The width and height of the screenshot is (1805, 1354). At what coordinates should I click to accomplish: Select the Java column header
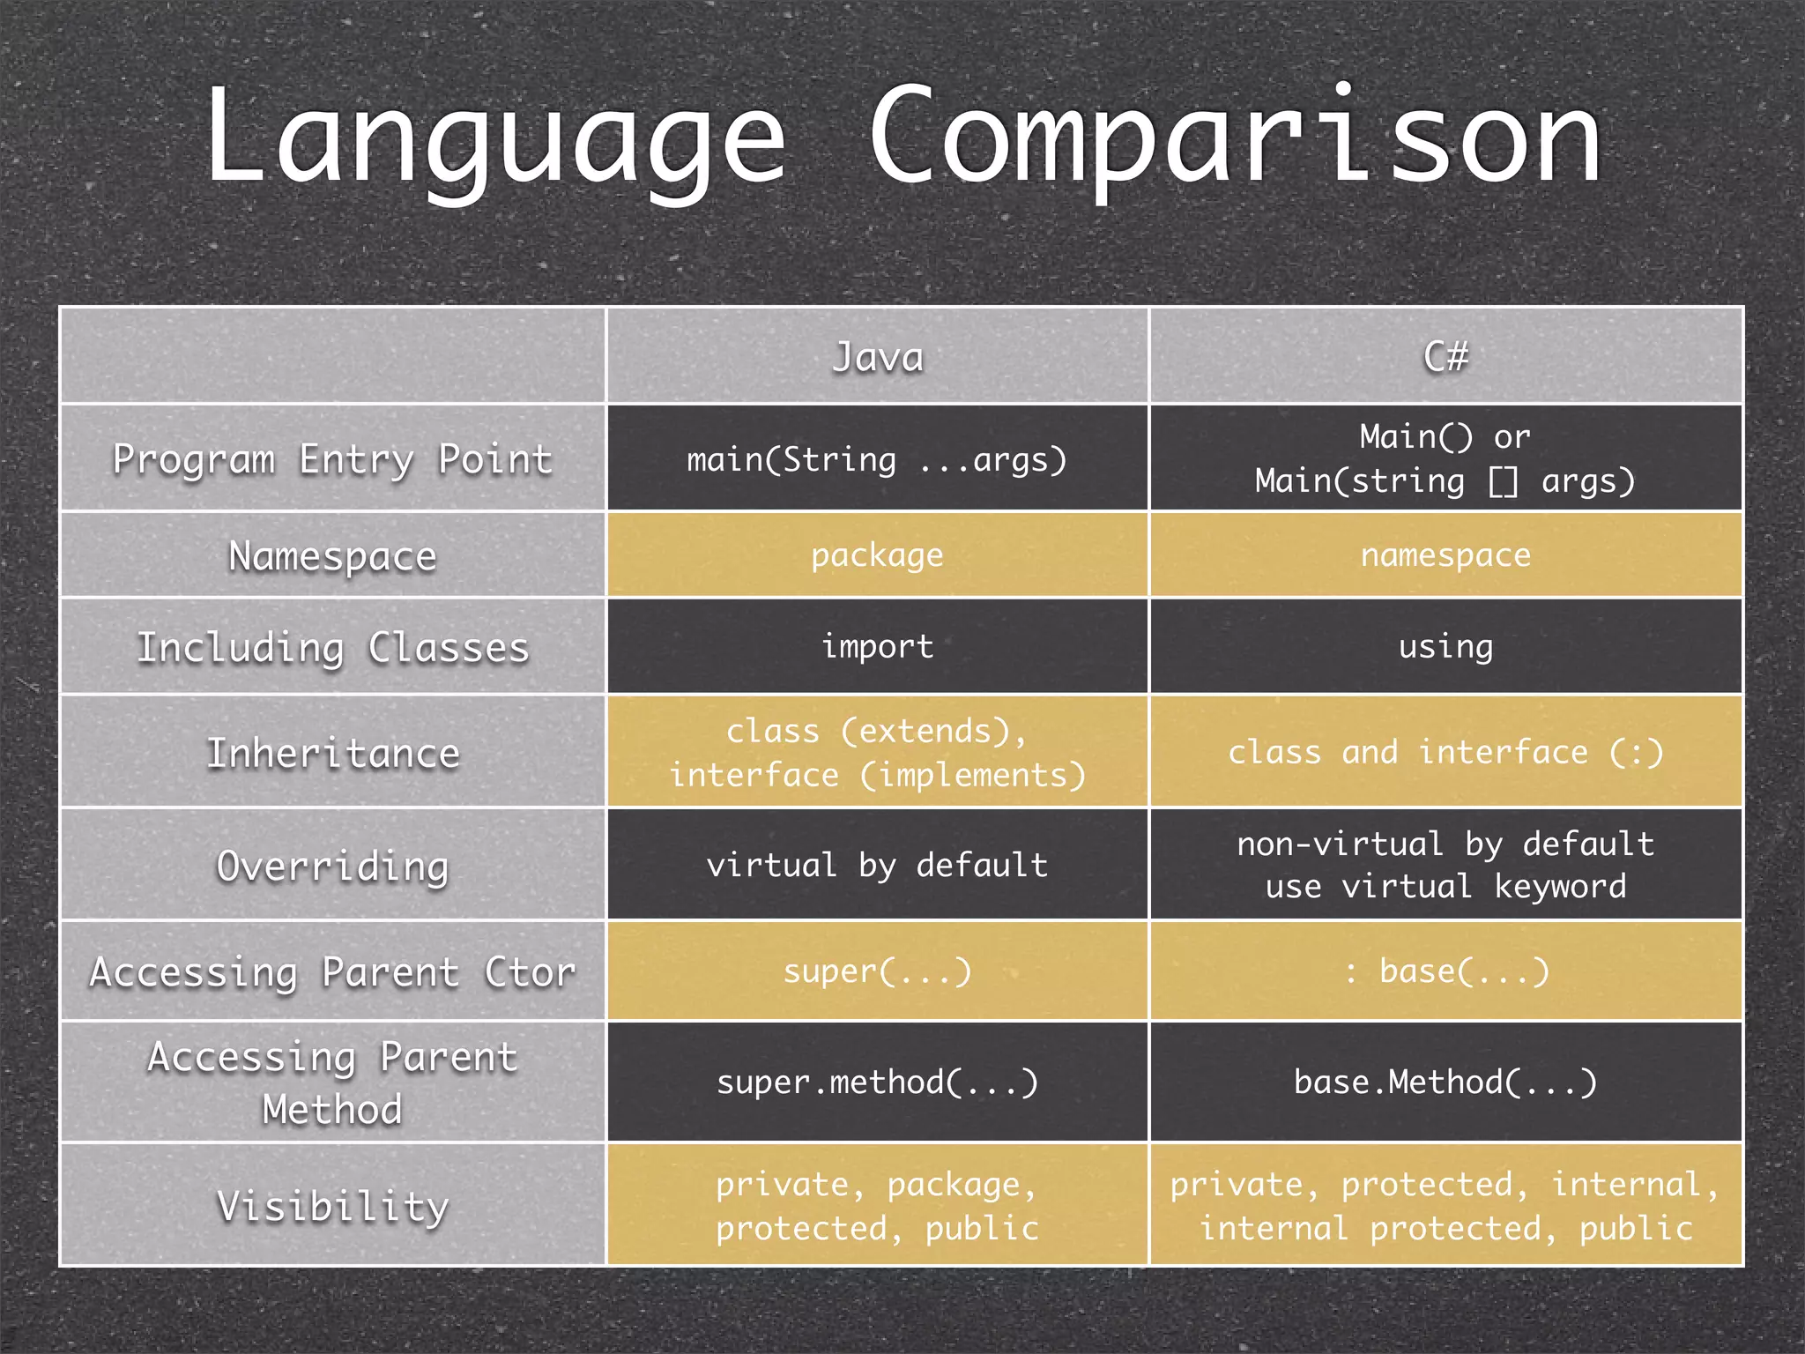(x=878, y=357)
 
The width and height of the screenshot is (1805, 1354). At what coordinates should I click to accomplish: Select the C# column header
(x=1445, y=357)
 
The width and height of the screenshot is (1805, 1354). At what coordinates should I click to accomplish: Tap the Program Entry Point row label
(x=332, y=459)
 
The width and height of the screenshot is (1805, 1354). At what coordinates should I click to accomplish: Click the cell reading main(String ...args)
(x=877, y=459)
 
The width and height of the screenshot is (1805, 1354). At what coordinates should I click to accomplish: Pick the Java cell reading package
(x=877, y=555)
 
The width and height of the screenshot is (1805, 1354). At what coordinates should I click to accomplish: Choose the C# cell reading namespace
(x=1445, y=555)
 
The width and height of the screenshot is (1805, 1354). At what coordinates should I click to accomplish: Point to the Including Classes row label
(x=332, y=647)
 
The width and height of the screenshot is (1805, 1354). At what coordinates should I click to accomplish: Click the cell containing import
(x=877, y=646)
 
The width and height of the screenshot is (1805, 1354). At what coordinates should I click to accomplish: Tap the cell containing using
(x=1445, y=646)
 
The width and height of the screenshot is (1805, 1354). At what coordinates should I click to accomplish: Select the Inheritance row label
(x=332, y=754)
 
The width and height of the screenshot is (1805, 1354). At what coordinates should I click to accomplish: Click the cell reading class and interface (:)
(x=1445, y=752)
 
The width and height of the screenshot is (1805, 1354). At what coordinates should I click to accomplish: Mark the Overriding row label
(x=332, y=866)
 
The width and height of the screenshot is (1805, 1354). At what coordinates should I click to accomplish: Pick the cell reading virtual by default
(x=877, y=865)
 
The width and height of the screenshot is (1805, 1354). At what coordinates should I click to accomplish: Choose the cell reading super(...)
(x=877, y=971)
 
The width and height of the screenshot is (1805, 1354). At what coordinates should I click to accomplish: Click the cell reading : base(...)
(x=1445, y=971)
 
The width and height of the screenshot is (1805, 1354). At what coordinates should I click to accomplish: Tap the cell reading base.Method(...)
(x=1445, y=1082)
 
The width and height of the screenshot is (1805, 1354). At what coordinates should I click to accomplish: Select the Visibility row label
(x=332, y=1206)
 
